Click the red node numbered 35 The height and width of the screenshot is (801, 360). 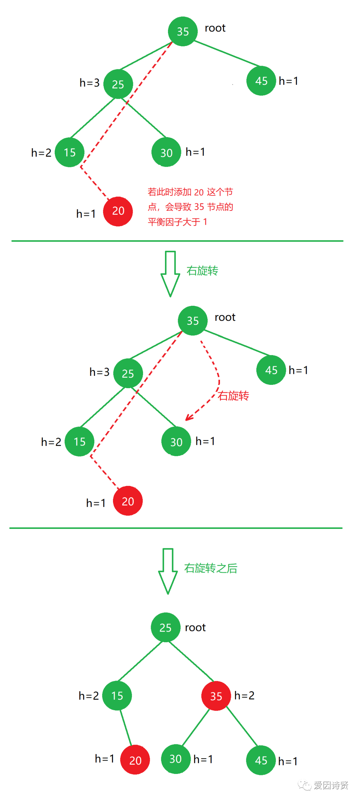coord(216,696)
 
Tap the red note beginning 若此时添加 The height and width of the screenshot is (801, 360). coord(190,207)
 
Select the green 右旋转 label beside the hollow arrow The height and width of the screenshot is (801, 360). coord(202,271)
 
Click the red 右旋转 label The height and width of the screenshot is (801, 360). coord(233,396)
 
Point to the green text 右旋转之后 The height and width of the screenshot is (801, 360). coord(211,568)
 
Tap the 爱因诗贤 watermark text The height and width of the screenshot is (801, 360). coord(331,785)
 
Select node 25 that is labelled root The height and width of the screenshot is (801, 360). coord(166,627)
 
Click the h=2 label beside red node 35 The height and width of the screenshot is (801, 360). coord(244,695)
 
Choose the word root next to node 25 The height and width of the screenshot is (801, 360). coord(195,628)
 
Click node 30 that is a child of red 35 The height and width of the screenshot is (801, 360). coord(176,759)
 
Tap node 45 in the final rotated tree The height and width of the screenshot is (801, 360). coord(261,760)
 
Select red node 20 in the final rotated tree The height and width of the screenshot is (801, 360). coord(135,760)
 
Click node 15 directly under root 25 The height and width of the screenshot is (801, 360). coord(117,696)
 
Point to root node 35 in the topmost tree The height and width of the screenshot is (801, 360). coord(183,31)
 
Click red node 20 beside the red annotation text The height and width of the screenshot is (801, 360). coord(118,211)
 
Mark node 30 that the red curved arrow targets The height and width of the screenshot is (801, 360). coord(176,442)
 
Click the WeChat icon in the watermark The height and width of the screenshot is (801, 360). coord(304,785)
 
